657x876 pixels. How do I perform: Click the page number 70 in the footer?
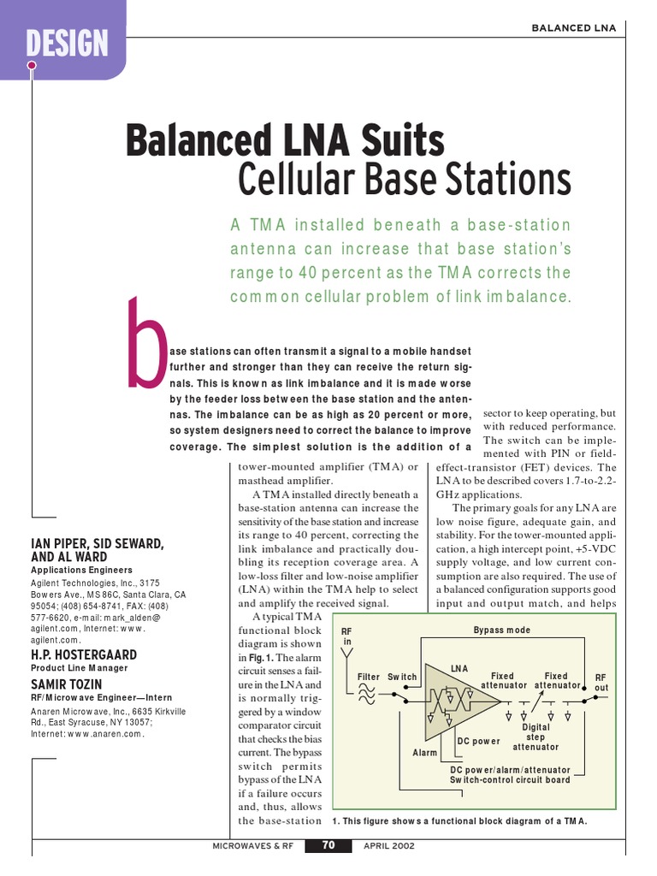pos(329,846)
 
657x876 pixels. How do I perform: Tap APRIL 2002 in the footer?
pos(389,846)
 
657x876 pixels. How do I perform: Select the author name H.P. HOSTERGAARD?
pos(85,654)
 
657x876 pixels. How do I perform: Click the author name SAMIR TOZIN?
pos(68,685)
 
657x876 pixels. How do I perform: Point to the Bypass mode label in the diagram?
pos(501,630)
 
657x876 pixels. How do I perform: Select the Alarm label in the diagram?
pos(425,753)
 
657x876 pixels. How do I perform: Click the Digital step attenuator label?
pos(536,737)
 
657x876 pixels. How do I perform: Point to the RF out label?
pos(601,682)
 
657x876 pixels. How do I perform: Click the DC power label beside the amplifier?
pos(479,741)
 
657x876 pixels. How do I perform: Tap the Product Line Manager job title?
pos(80,668)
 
